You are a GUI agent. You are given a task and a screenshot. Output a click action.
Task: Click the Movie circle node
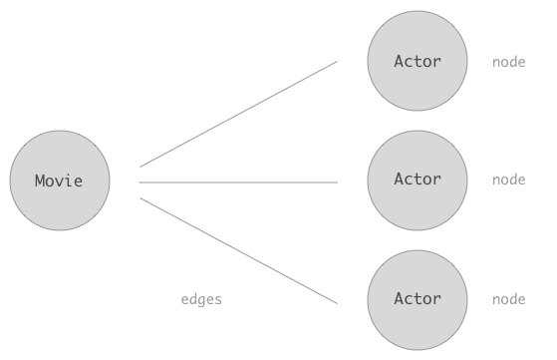(60, 180)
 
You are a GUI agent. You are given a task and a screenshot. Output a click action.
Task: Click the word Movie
(59, 180)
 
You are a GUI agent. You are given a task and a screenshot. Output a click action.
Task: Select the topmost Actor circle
(418, 61)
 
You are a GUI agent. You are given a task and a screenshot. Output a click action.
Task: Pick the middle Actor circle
(418, 180)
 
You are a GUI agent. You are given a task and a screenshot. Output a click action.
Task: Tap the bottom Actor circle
(418, 300)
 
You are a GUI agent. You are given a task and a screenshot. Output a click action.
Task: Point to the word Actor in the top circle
(418, 61)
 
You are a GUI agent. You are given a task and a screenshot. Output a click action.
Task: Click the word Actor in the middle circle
(418, 179)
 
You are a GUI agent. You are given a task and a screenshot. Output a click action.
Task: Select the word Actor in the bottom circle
(418, 298)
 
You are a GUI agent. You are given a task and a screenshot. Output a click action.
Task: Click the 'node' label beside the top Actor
(509, 63)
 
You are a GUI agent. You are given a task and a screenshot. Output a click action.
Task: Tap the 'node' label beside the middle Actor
(509, 180)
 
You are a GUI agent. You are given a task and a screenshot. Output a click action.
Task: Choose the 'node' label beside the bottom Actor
(509, 299)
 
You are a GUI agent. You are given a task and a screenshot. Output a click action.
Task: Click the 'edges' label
(201, 300)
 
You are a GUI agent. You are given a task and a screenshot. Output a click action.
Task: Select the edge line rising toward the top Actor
(239, 114)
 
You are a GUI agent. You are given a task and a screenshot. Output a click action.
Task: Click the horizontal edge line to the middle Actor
(238, 182)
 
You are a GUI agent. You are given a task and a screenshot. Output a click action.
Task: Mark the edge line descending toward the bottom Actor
(239, 251)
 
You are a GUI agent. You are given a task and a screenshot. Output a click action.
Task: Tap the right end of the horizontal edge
(338, 182)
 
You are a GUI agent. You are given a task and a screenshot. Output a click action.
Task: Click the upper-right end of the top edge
(337, 62)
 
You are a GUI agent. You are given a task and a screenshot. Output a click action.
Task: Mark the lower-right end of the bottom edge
(337, 304)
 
